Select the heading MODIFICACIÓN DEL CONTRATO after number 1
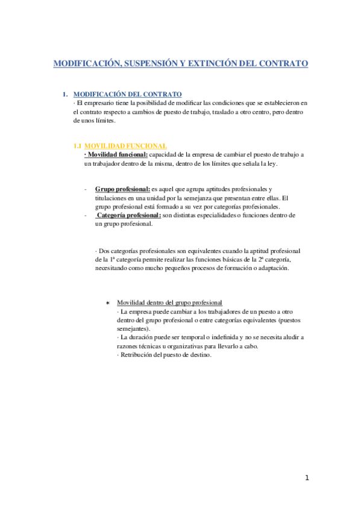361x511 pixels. [127, 95]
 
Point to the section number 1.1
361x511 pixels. [77, 146]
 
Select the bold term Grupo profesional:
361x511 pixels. [122, 189]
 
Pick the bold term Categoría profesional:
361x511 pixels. [128, 215]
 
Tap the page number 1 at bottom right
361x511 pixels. [307, 478]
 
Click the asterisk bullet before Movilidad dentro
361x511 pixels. [107, 303]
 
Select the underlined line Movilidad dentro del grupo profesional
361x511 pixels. [169, 303]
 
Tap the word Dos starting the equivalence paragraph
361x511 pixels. [104, 250]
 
